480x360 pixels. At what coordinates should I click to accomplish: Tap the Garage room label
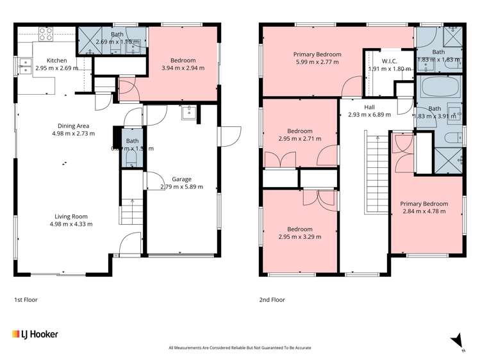181,179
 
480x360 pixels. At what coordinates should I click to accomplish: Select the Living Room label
69,217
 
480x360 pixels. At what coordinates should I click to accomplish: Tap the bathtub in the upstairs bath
439,86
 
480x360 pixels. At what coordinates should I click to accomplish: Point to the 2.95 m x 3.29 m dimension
299,236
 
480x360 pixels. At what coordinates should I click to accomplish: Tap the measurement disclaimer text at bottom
240,348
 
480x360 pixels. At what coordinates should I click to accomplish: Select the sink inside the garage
188,114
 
